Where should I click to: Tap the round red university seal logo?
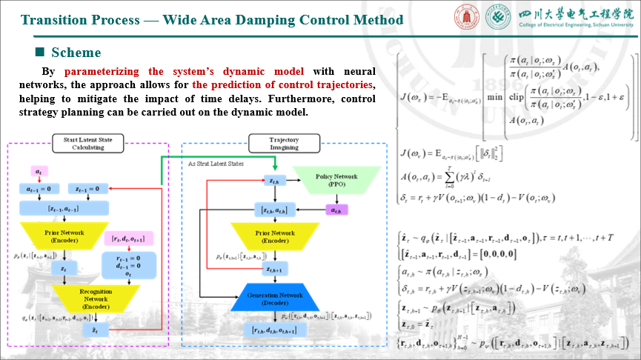pos(462,16)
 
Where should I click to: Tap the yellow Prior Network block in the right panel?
pos(275,235)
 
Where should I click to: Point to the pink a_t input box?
pos(38,172)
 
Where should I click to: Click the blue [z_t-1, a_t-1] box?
pos(66,209)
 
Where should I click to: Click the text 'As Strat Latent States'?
pos(214,163)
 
